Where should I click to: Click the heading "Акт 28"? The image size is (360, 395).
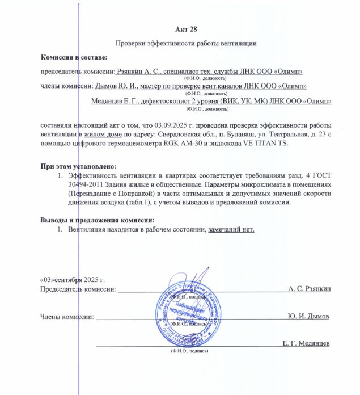(185, 29)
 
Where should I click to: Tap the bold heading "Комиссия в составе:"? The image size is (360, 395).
(73, 57)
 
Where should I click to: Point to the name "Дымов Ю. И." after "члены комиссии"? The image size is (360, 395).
(113, 86)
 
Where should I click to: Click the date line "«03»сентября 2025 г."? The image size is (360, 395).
(72, 280)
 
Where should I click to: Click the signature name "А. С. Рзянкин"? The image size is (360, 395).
(309, 289)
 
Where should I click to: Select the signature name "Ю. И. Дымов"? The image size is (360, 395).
(308, 316)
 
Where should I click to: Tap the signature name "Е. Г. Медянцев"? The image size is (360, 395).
(306, 343)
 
